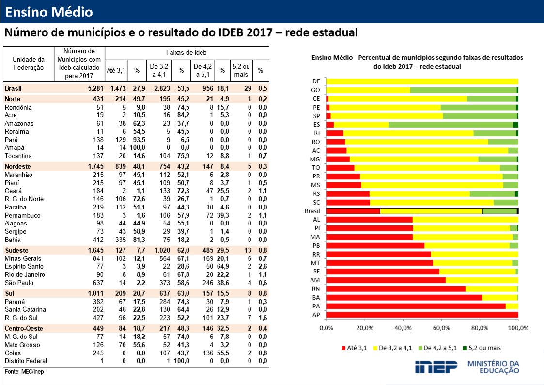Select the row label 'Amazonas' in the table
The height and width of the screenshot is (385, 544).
tap(19, 123)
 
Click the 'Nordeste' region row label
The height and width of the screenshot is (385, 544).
tap(17, 166)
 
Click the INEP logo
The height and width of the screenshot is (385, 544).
tap(436, 367)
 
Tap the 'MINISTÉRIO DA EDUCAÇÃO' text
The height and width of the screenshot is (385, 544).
tap(494, 367)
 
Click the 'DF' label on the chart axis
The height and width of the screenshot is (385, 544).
tap(316, 81)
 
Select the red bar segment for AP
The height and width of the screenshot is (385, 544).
tap(422, 315)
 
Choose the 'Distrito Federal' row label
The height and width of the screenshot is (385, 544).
tap(26, 361)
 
